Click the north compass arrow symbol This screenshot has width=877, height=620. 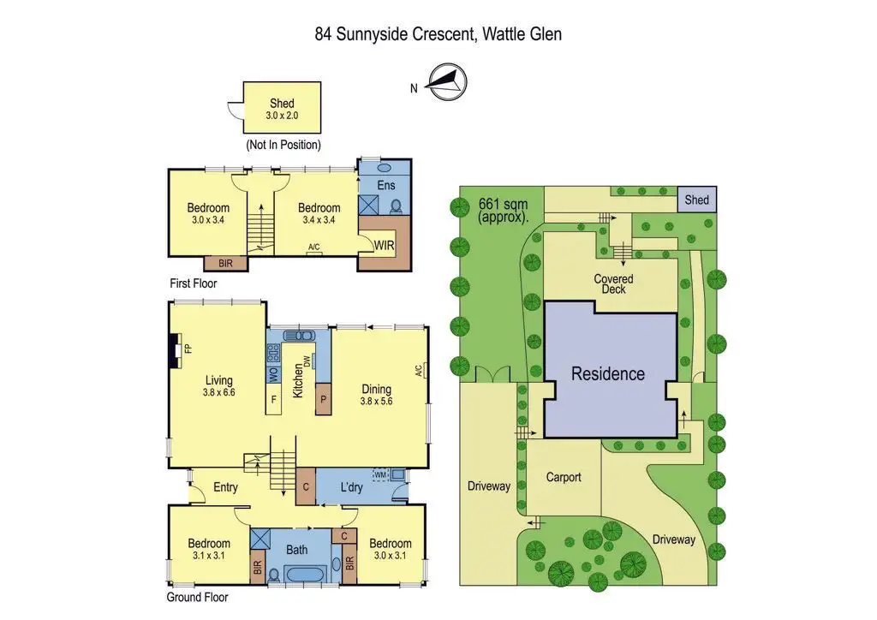[446, 80]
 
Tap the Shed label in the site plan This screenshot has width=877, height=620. [697, 200]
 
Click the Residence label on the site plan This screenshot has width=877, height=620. [608, 374]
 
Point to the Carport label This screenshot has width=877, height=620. [564, 477]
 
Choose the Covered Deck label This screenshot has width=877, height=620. [613, 284]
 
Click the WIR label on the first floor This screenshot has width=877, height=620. [385, 244]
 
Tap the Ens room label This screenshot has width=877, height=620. [385, 184]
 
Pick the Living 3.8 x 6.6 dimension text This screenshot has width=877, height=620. [219, 392]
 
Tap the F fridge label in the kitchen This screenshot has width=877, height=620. [273, 399]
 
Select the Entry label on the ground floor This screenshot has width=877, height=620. [225, 487]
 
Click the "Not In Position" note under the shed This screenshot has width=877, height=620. [283, 145]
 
